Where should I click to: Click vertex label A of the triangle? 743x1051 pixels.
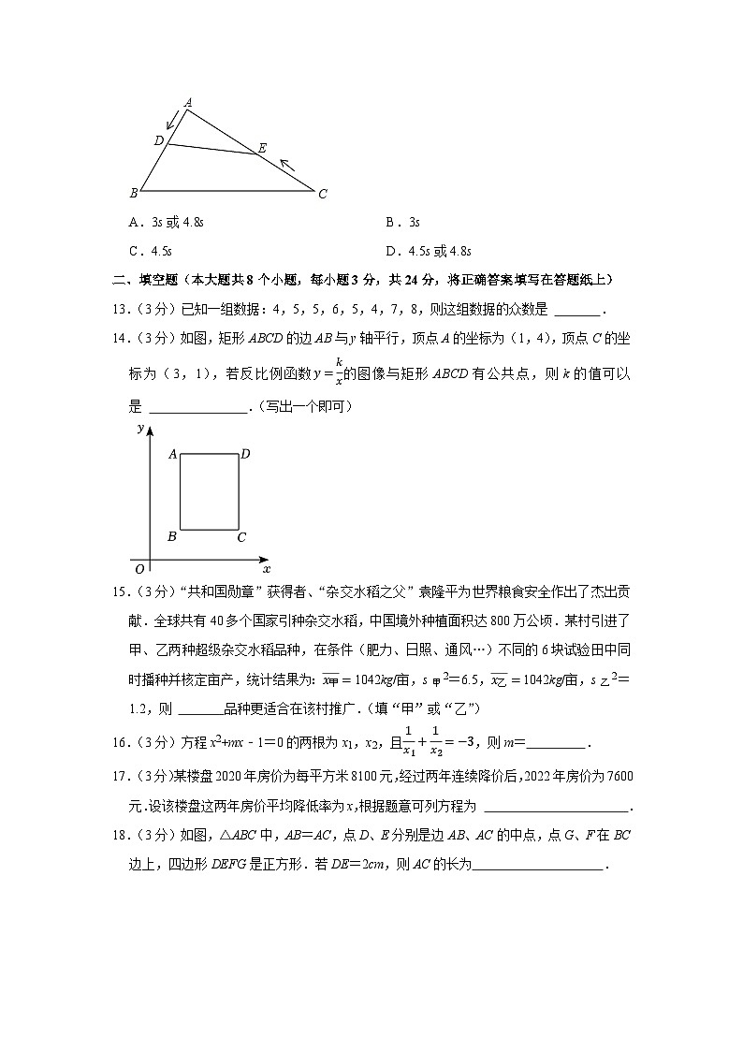point(188,102)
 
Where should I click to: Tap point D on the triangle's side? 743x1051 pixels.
point(159,140)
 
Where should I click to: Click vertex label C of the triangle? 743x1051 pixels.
point(322,195)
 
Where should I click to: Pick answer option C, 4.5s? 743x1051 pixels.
point(151,251)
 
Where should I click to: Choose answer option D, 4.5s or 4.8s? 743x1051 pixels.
point(428,251)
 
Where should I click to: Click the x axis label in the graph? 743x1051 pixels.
point(266,568)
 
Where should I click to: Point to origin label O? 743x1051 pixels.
point(139,568)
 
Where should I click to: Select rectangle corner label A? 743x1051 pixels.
point(172,454)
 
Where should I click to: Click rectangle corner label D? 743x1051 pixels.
point(245,454)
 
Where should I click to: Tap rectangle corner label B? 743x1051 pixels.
point(171,537)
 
